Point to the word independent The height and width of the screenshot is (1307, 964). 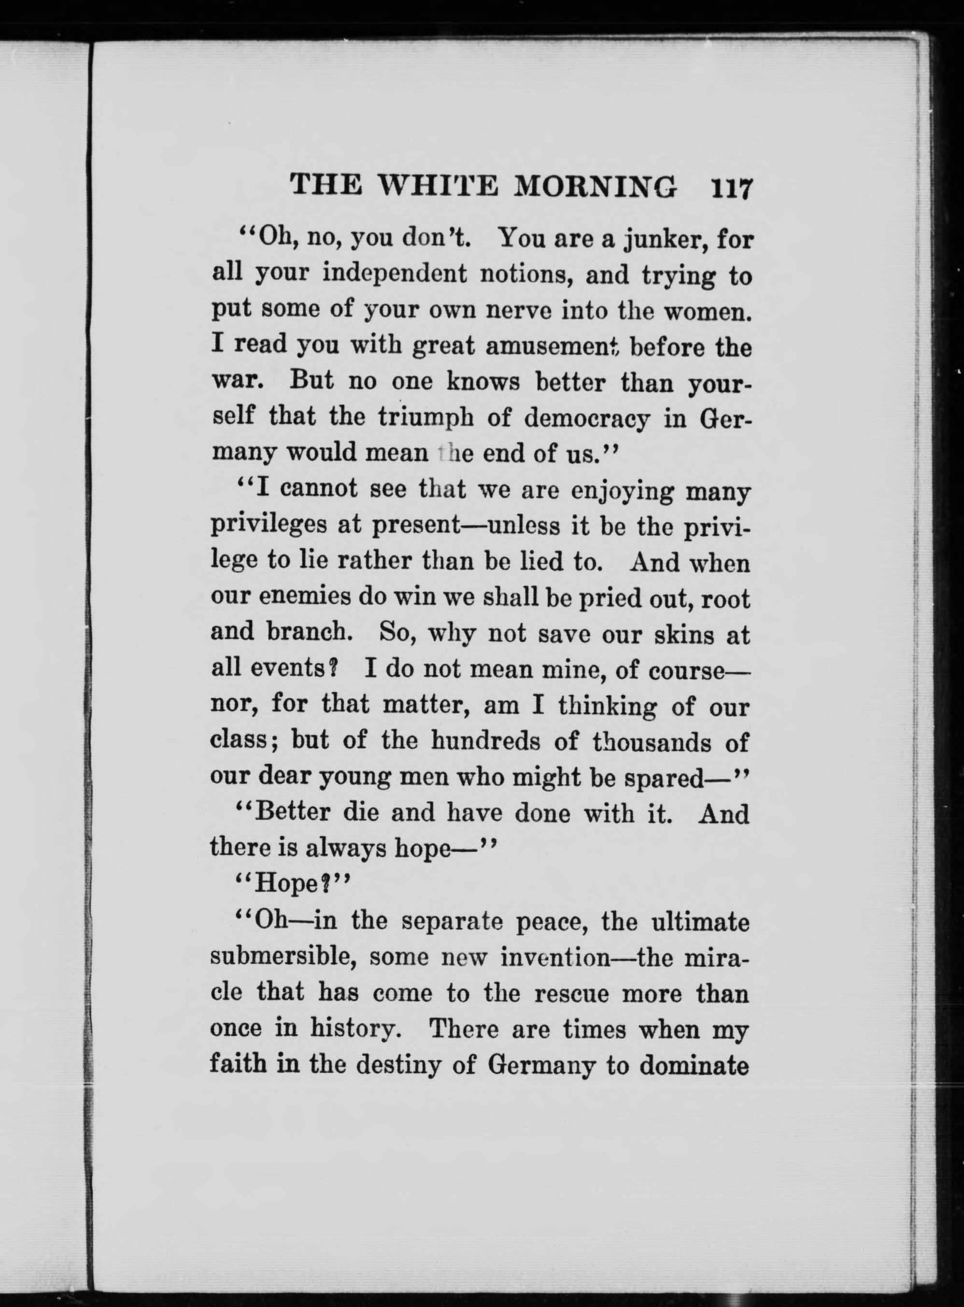[x=395, y=274]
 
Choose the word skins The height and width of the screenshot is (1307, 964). [x=684, y=634]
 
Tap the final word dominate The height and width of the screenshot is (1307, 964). [x=694, y=1065]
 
